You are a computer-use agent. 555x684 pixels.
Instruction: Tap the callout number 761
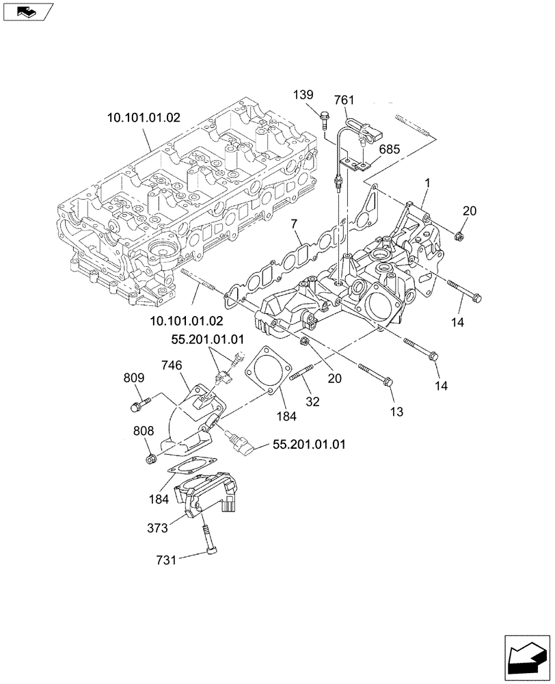click(344, 100)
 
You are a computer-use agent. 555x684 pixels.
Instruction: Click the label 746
click(172, 366)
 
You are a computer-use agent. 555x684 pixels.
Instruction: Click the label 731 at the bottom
click(166, 560)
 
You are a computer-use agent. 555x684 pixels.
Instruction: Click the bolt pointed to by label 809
click(135, 407)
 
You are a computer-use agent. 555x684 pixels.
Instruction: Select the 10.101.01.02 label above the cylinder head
click(144, 118)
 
